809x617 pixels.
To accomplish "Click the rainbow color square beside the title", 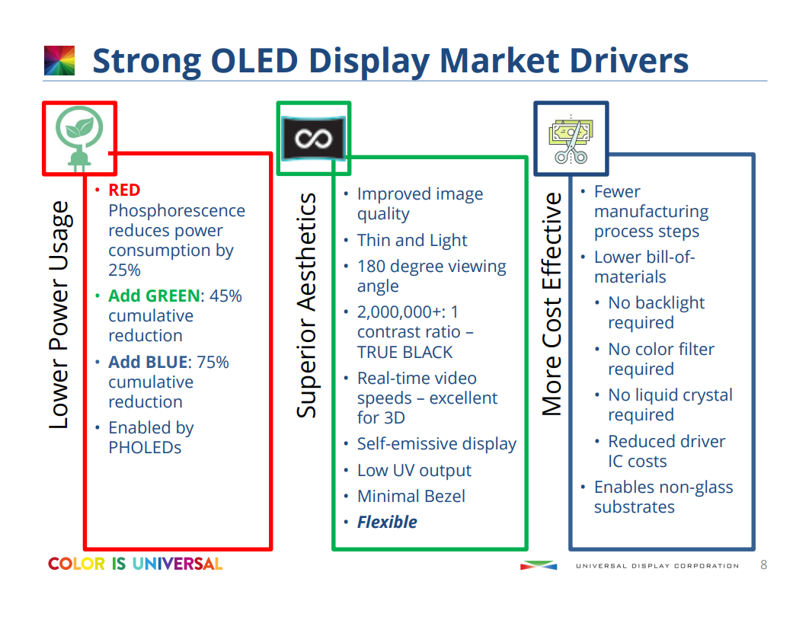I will click(x=59, y=61).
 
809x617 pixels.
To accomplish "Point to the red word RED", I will click(x=124, y=190).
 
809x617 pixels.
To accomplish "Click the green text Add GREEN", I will click(x=155, y=296).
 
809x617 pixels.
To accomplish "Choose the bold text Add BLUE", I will click(x=148, y=363).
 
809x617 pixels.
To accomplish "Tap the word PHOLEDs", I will click(x=145, y=448).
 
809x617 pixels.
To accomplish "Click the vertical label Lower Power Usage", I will click(x=59, y=315).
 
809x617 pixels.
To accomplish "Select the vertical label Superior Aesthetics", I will click(x=306, y=305).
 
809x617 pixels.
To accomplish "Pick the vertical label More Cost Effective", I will click(x=552, y=304).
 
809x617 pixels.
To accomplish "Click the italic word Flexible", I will click(x=387, y=523).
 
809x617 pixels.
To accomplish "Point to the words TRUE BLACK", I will click(x=404, y=353).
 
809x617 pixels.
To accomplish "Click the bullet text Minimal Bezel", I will click(x=411, y=497).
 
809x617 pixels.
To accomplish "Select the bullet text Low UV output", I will click(x=414, y=471).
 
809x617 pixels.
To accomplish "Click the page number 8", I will click(x=763, y=565).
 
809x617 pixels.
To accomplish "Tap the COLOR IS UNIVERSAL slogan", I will click(x=135, y=564).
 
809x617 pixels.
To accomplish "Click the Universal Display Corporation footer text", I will click(x=657, y=566).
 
